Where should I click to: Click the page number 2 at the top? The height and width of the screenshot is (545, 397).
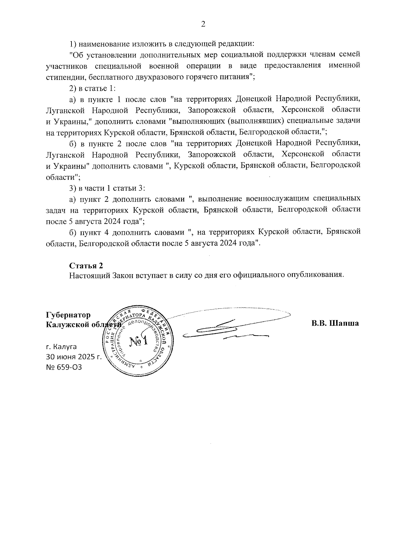coord(203,24)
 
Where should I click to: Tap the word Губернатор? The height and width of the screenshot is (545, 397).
coord(68,315)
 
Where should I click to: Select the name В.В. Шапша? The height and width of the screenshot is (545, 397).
coord(335,323)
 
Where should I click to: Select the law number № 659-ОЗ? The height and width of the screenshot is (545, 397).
coord(64,367)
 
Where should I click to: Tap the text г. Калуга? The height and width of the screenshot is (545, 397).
coord(61,347)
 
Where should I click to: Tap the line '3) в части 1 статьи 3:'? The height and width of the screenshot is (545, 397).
coord(107,188)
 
